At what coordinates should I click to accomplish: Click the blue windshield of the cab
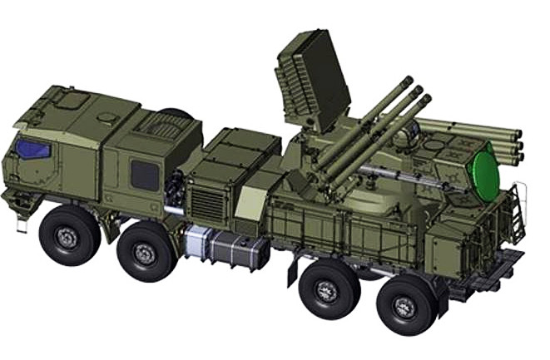tap(32, 150)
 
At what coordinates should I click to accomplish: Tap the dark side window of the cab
tap(144, 175)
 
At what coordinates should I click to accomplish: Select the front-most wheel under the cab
tap(69, 234)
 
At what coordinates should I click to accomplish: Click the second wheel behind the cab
tap(146, 251)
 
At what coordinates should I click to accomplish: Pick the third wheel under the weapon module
tap(328, 288)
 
